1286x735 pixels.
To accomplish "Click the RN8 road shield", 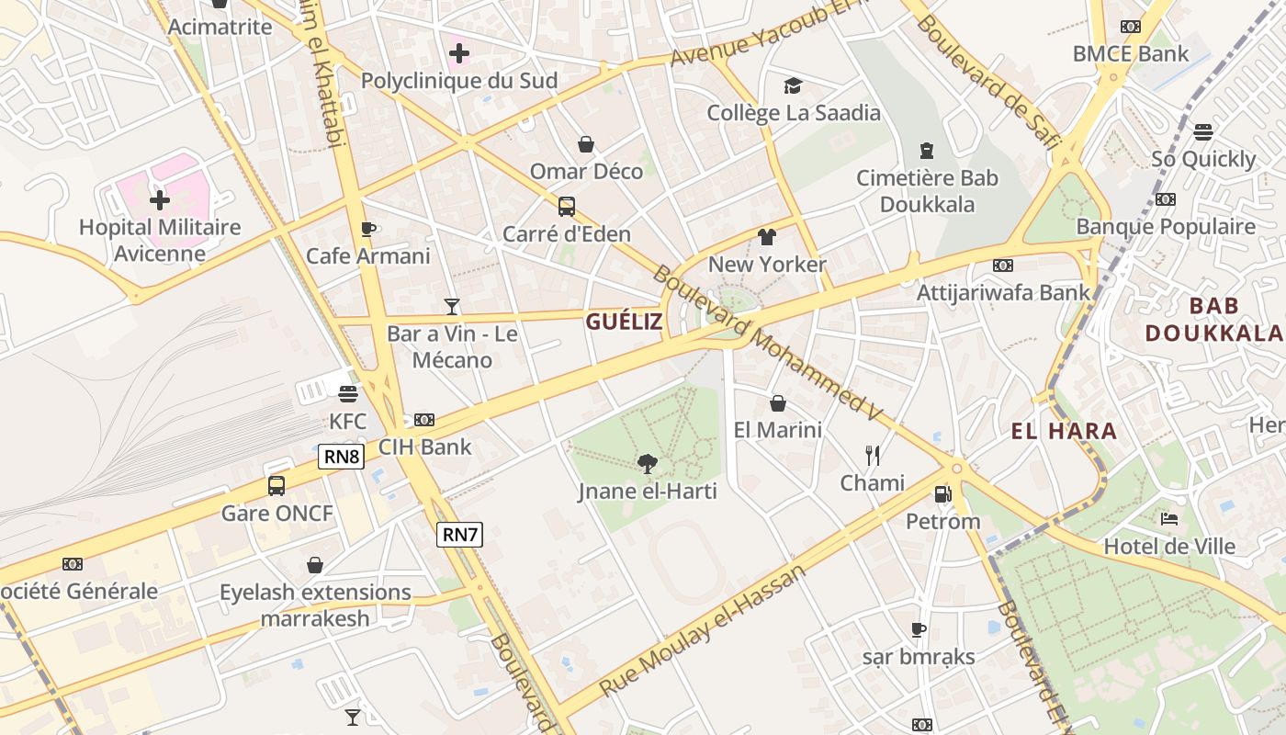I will [342, 457].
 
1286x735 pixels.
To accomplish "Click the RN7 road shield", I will [459, 534].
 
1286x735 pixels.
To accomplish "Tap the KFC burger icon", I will [347, 394].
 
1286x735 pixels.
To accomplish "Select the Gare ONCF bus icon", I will [276, 485].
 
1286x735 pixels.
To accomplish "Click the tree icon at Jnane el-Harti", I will [648, 464].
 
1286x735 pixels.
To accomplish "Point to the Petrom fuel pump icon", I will [942, 494].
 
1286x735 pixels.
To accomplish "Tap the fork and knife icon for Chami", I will [873, 455].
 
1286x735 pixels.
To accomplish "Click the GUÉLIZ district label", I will [624, 322].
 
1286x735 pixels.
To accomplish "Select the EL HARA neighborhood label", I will [1064, 431].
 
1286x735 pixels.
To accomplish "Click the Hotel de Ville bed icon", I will [1169, 519].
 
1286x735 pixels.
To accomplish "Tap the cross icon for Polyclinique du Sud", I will [459, 53].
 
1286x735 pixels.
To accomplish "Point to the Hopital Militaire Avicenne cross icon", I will [160, 199].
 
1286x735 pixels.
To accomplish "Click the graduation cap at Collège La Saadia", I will [793, 85].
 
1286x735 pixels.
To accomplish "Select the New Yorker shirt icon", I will [767, 237].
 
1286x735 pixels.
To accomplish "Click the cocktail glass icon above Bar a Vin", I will [451, 306].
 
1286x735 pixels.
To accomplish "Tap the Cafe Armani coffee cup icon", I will [368, 229].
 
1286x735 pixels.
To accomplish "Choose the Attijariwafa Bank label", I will [1003, 292].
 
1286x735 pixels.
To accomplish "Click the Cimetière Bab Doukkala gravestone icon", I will [927, 151].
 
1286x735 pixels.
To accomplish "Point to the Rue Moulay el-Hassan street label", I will [703, 629].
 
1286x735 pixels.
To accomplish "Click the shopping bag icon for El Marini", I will [778, 403].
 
